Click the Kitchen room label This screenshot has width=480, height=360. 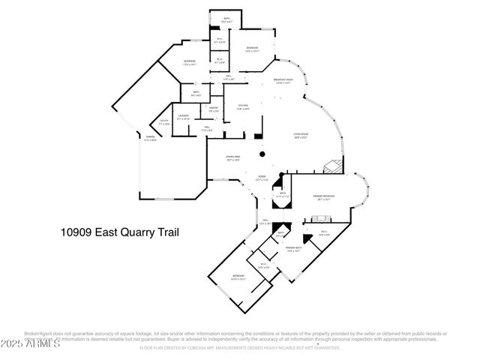point(241,107)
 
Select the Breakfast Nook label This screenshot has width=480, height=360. point(282,81)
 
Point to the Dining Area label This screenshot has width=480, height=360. point(233,157)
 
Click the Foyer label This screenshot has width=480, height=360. point(262,178)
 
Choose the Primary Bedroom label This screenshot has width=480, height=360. point(324,196)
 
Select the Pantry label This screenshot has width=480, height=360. point(213,109)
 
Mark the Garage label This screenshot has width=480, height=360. point(150,138)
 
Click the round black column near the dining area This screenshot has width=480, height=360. point(262,154)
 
